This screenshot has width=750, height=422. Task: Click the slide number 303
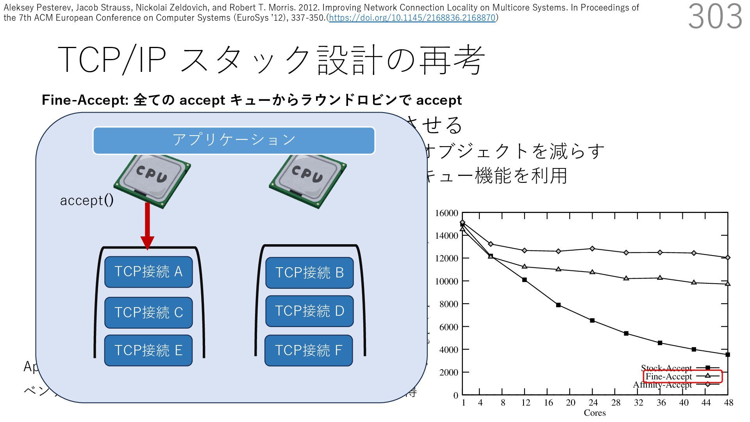(715, 16)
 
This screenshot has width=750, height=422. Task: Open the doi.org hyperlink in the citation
(412, 18)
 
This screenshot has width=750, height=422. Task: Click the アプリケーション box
(234, 140)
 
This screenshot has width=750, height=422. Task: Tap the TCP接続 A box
(148, 272)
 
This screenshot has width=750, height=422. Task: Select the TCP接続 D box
(309, 311)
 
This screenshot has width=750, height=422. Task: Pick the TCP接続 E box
(148, 350)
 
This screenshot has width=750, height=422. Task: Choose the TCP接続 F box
(309, 350)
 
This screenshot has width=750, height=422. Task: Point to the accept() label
(87, 200)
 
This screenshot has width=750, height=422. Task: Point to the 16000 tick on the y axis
(446, 213)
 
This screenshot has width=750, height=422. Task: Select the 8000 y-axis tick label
(448, 304)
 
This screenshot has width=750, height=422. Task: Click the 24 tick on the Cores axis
(593, 403)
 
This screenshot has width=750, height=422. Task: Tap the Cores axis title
(595, 413)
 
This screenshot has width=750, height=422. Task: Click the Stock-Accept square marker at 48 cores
(728, 355)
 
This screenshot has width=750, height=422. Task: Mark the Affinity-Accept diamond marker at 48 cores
(728, 257)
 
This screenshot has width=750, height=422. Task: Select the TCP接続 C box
(148, 313)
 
